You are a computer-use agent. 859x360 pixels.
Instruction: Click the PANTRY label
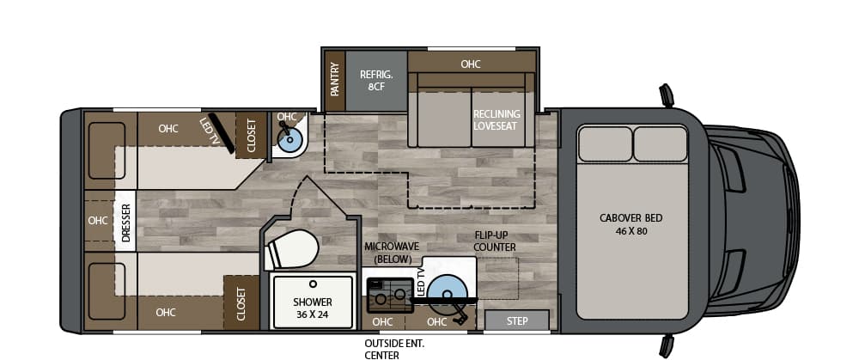(x=335, y=79)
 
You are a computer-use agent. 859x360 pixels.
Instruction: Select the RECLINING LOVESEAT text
(x=497, y=119)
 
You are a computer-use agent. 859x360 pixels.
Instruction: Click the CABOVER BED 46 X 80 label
(x=631, y=224)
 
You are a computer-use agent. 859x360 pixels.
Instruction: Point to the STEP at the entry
(x=517, y=321)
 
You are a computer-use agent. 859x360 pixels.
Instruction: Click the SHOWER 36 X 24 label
(x=313, y=308)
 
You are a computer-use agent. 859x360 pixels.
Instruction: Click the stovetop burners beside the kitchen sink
(x=388, y=295)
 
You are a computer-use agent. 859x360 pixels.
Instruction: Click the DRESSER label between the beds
(x=126, y=223)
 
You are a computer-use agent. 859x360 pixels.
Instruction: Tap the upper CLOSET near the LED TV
(x=252, y=136)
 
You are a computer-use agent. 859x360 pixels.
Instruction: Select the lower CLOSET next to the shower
(x=241, y=303)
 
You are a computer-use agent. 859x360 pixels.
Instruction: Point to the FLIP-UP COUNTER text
(x=495, y=241)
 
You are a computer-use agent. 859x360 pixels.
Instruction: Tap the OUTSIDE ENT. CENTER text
(x=394, y=347)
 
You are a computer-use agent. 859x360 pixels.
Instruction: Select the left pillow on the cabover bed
(x=604, y=143)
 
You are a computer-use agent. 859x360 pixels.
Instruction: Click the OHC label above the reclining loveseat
(x=470, y=64)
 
